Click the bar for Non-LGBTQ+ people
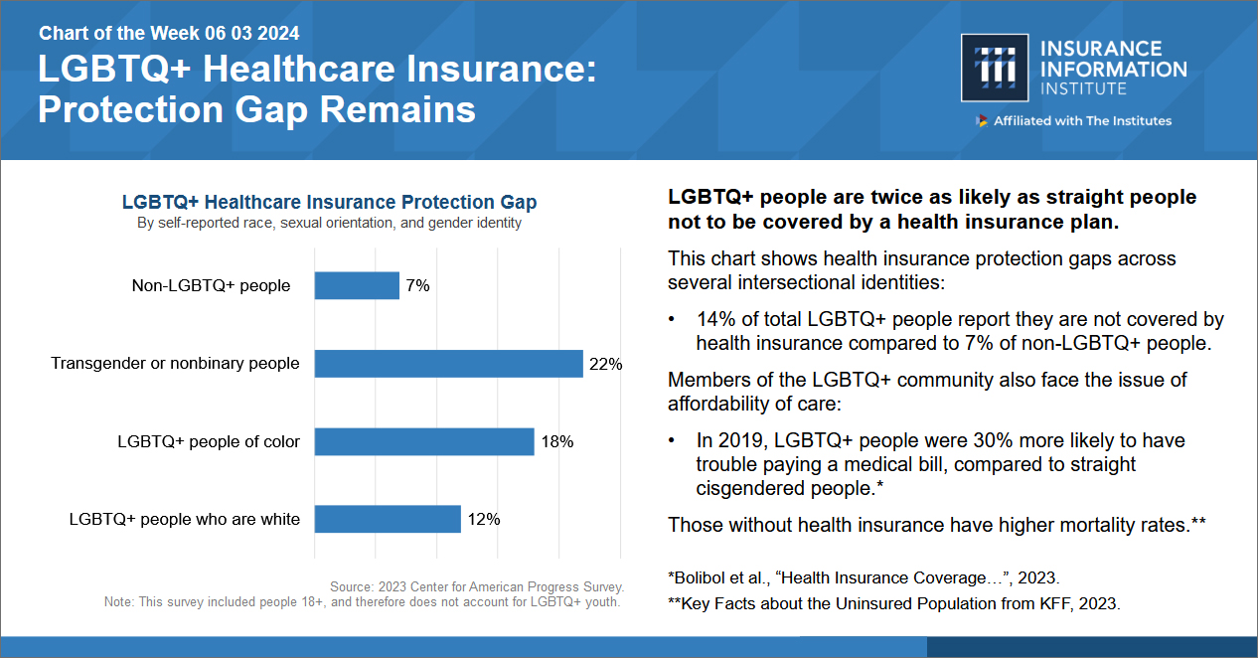coord(357,286)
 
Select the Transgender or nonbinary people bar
coord(448,364)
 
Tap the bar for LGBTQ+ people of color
coord(424,441)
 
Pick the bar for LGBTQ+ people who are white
coord(388,519)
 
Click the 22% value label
coord(605,364)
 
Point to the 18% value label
coord(556,441)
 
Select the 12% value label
coord(483,519)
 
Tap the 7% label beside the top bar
coord(417,286)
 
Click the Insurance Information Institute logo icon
coord(994,68)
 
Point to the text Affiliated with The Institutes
coord(1081,121)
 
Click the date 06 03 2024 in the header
coord(252,34)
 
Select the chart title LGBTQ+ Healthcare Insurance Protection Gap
coord(329,203)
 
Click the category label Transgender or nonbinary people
coord(175,364)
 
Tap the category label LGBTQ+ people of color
coord(209,441)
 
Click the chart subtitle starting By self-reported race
coord(329,224)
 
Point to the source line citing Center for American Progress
coord(477,587)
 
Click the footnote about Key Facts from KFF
coord(893,603)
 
